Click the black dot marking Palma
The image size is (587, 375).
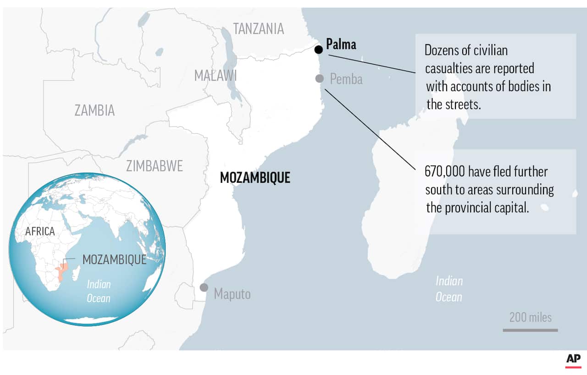tap(319, 49)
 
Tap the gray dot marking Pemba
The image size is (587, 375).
tap(320, 78)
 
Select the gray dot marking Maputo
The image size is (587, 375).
tap(204, 287)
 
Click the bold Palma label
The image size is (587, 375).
tap(341, 44)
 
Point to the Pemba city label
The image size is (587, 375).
tap(346, 79)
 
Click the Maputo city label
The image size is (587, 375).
tap(232, 293)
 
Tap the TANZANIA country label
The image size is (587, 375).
tap(259, 28)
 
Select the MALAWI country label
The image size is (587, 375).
tap(215, 75)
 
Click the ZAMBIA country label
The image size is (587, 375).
tap(94, 110)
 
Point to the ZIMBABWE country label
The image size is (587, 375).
tap(155, 165)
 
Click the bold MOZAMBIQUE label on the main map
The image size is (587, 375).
tap(255, 178)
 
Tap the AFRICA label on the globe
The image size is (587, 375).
tap(40, 232)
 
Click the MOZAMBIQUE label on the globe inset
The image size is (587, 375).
tap(114, 259)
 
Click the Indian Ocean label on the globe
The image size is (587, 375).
tap(99, 291)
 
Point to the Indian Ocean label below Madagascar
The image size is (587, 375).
tap(449, 289)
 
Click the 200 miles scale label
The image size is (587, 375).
tap(531, 317)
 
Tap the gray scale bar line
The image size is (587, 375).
tap(530, 330)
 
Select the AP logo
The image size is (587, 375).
tap(573, 359)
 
